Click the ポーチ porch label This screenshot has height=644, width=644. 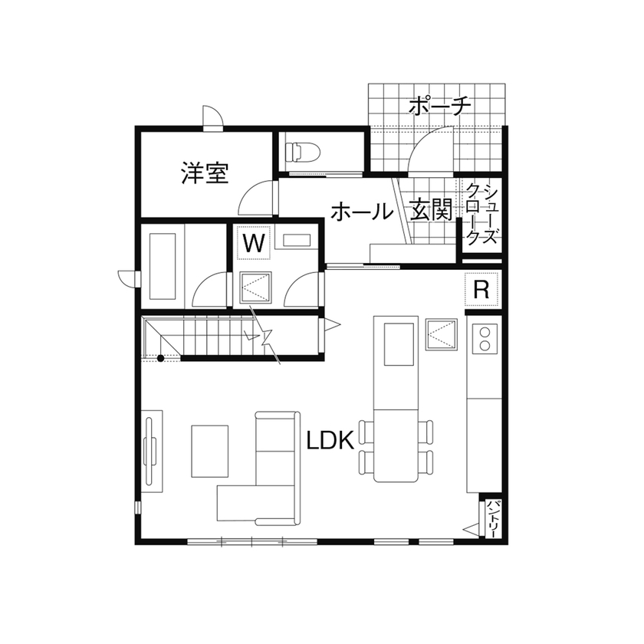pos(439,105)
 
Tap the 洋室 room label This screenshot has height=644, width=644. pos(205,172)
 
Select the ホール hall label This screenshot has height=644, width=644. pos(361,212)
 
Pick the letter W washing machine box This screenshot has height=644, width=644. pos(254,245)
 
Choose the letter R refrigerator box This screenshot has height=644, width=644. pos(482,290)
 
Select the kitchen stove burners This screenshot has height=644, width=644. pos(484,338)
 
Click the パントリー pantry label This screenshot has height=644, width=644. pos(494,519)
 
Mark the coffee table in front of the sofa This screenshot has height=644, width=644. pos(210,451)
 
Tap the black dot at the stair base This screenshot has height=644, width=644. pos(160,358)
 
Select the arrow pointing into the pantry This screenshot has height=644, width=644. pos(470,527)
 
